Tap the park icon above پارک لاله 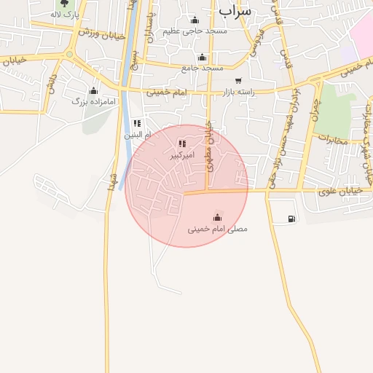coord(64,4)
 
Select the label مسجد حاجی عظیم coord(195,31)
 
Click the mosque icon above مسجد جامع coord(202,58)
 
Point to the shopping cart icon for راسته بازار coord(238,81)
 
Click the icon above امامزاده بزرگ coord(93,91)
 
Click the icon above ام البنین coord(137,124)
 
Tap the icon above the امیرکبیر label coord(181,144)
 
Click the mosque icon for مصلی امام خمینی coord(217,216)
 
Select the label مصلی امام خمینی coord(217,229)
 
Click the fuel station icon coord(291,218)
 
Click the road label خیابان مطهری coord(209,146)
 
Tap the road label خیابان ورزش coord(99,33)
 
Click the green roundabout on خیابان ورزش coord(69,54)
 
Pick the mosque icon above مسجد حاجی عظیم coord(195,20)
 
